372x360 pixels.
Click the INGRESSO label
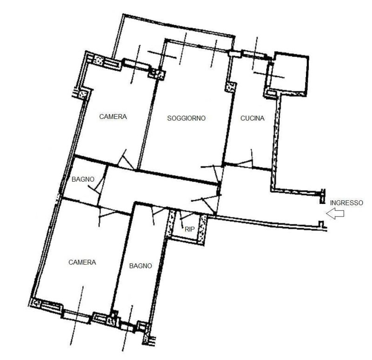pos(346,203)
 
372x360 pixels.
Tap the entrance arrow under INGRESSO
pos(336,214)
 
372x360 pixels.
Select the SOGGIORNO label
pos(186,118)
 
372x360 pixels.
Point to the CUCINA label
pos(252,118)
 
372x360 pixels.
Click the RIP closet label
pos(189,229)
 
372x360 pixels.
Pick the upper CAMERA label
pos(113,117)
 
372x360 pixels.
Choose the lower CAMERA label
pos(82,262)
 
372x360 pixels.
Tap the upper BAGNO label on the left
pos(83,179)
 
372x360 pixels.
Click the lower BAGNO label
pos(140,266)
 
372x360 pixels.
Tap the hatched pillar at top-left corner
pos(98,59)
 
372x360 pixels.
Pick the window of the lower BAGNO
pos(127,326)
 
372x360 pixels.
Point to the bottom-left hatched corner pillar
pos(35,303)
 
